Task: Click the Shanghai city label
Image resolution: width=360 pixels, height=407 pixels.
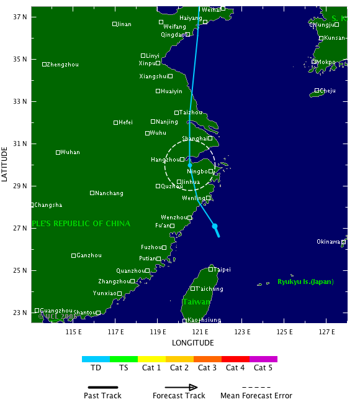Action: [194, 139]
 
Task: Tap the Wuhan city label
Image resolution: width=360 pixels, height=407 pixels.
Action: [70, 152]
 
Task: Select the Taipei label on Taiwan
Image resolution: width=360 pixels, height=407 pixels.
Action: [222, 270]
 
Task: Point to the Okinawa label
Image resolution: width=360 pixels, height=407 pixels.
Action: [328, 242]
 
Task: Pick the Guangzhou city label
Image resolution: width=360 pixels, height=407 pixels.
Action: [56, 311]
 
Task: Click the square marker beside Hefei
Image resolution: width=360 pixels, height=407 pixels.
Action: [115, 122]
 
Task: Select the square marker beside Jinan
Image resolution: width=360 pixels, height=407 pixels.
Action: [115, 24]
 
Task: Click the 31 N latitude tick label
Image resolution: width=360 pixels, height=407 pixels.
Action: [21, 144]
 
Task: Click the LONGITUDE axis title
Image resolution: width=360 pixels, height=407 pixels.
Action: [189, 342]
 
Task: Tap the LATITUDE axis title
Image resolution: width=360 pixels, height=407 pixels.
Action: [6, 164]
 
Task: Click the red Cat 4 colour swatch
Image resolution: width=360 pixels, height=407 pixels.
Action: [235, 359]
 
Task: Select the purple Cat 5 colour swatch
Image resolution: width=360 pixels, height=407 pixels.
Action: [263, 359]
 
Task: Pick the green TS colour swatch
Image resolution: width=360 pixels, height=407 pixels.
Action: [124, 359]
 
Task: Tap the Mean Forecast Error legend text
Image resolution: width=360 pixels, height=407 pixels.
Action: [256, 396]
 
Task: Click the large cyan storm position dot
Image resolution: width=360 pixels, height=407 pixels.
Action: [215, 226]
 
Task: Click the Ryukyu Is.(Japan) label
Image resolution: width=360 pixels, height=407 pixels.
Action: [306, 282]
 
